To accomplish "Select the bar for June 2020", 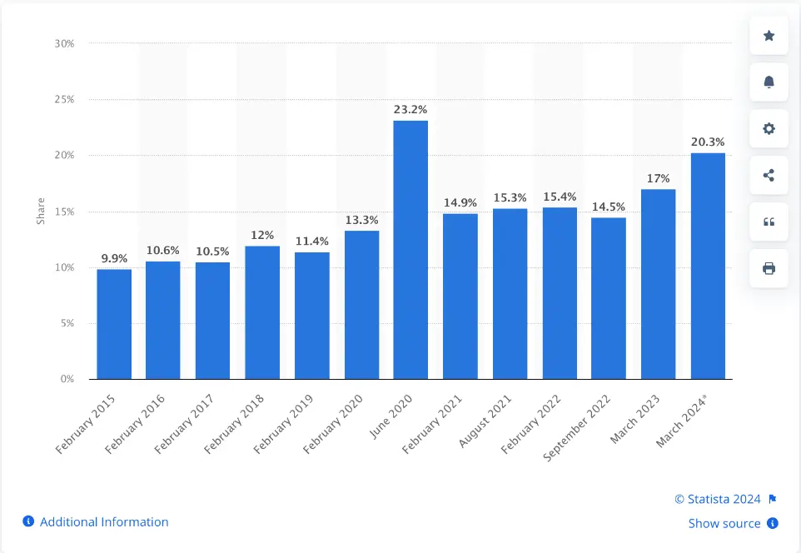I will pos(410,250).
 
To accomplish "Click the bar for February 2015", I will pos(114,324).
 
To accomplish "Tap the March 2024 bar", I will pos(708,266).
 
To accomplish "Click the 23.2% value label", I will pos(410,109).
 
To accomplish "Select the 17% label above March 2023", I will pos(658,177).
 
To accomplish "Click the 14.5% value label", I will pos(609,206).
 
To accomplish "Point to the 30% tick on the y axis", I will pos(64,43).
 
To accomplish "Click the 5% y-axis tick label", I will pos(67,323).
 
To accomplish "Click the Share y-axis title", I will pos(41,212).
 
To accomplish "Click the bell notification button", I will pos(769,82).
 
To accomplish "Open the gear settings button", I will pos(769,128).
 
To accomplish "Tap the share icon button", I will pos(769,175).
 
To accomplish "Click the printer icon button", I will pos(769,268).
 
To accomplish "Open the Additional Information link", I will pos(104,522).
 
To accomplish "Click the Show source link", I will pos(724,524).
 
